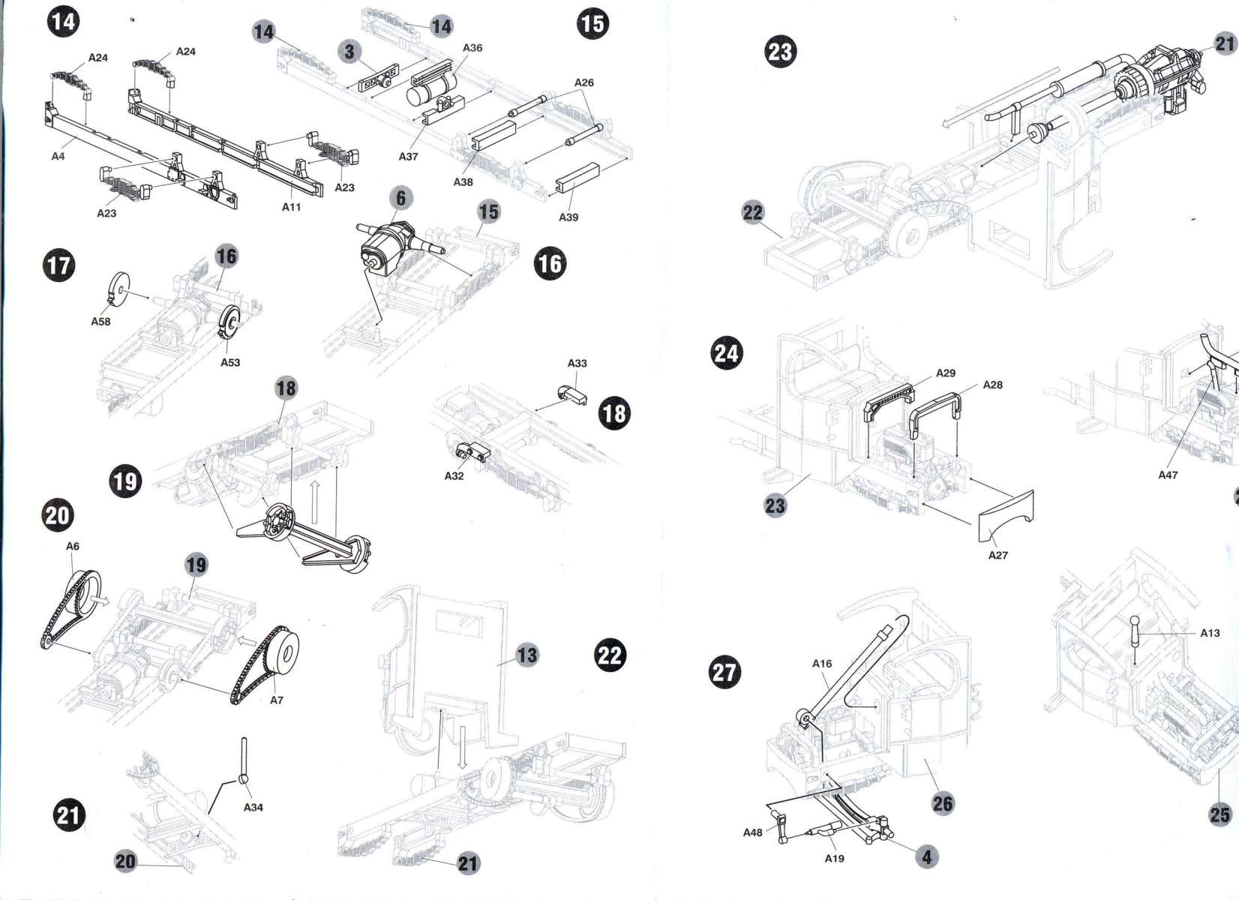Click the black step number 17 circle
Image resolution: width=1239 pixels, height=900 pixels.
point(59,265)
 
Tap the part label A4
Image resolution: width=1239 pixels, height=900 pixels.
point(58,157)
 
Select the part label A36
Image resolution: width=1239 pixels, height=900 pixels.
point(472,48)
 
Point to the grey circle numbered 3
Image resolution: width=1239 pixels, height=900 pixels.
point(349,52)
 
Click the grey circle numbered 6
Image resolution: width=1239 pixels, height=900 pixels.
point(401,198)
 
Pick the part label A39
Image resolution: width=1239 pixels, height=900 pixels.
point(568,217)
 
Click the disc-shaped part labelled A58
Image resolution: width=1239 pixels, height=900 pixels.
point(118,290)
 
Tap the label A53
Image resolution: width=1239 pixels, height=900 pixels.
point(230,362)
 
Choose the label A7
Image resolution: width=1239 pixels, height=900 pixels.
point(277,700)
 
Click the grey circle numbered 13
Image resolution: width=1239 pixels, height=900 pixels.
point(527,655)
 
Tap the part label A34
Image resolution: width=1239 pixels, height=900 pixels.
point(253,808)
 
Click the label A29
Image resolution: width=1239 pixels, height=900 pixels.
point(946,373)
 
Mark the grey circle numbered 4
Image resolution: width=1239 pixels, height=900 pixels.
point(927,856)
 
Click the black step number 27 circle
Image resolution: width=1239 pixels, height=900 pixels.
point(724,671)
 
